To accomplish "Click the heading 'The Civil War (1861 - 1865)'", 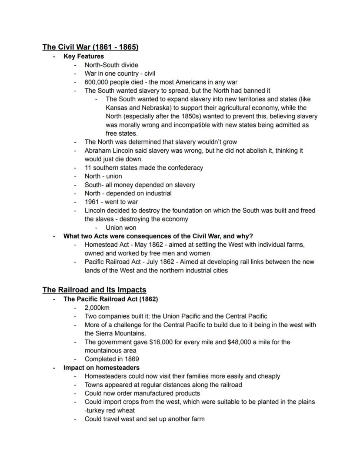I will click(x=90, y=47).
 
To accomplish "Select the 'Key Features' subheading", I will click(x=83, y=56).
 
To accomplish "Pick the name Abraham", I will click(x=98, y=151).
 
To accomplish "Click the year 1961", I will click(x=92, y=202).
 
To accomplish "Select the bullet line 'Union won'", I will click(x=121, y=228).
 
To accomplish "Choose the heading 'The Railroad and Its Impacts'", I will click(x=94, y=290).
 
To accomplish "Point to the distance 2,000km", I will click(x=97, y=308).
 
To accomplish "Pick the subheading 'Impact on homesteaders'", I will click(x=101, y=368).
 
